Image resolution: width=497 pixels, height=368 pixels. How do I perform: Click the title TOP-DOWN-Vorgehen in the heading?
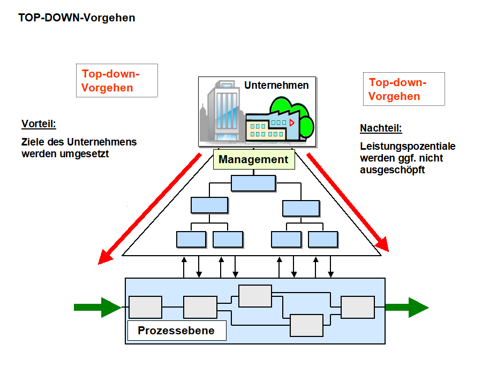77,18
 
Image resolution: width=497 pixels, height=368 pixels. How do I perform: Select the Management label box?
253,159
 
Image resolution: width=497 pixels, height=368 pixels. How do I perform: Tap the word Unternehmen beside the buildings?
276,85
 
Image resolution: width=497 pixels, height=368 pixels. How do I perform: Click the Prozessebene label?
176,331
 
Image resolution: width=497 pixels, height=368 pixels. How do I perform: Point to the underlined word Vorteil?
39,124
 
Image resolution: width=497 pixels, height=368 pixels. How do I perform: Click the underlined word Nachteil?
381,128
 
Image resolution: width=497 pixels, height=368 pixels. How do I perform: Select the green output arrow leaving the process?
406,307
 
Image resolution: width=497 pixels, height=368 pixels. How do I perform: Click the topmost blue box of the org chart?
253,183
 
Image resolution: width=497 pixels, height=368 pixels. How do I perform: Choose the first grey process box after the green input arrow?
145,307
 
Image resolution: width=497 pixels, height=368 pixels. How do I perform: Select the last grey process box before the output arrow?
358,307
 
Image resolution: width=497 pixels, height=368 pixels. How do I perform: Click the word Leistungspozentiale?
408,147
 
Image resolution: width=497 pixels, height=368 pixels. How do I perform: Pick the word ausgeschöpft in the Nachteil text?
393,170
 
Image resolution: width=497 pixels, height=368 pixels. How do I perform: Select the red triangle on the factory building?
291,122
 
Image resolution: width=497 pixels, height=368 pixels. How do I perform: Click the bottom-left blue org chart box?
191,239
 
